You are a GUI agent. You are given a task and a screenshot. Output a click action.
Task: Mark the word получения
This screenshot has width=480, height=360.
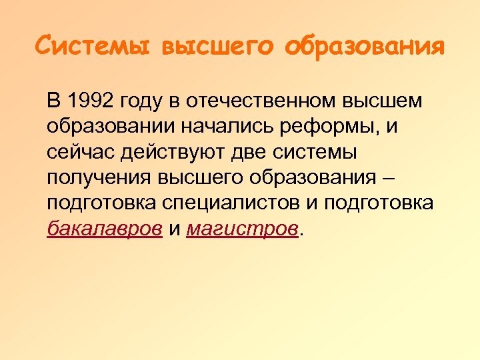tap(99, 178)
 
